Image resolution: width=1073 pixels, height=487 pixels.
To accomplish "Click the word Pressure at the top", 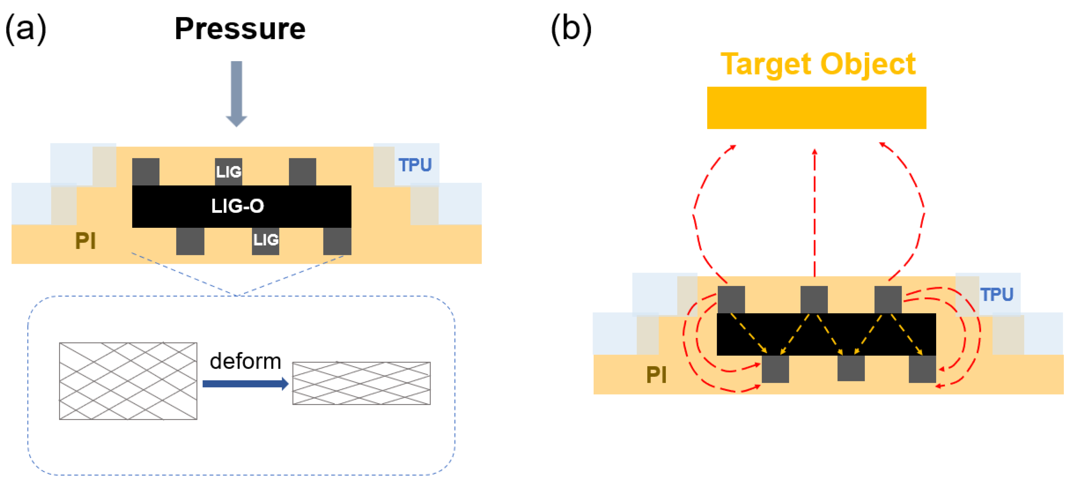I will click(x=240, y=29).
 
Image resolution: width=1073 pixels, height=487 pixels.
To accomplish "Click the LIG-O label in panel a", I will click(x=237, y=206).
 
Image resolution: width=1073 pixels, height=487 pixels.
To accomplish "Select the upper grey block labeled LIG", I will click(x=228, y=171).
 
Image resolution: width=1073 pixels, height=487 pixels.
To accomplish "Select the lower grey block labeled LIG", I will click(x=265, y=240).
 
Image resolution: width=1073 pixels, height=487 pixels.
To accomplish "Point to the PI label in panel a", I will click(x=85, y=240).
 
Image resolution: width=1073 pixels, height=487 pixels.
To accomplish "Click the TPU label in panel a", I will click(x=415, y=165).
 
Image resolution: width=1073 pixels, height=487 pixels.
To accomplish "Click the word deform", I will click(x=245, y=361).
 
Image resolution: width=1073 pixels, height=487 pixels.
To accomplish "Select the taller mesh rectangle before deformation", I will click(x=128, y=381).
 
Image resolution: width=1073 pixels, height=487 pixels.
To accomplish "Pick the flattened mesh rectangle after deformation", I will click(x=361, y=383).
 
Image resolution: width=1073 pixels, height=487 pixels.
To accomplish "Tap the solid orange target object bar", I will click(x=817, y=108).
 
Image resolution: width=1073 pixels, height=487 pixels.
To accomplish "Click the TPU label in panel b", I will click(x=996, y=295).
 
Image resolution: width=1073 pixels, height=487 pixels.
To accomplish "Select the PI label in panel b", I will click(x=656, y=374).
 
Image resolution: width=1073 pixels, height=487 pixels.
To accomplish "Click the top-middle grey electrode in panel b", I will click(x=813, y=299).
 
